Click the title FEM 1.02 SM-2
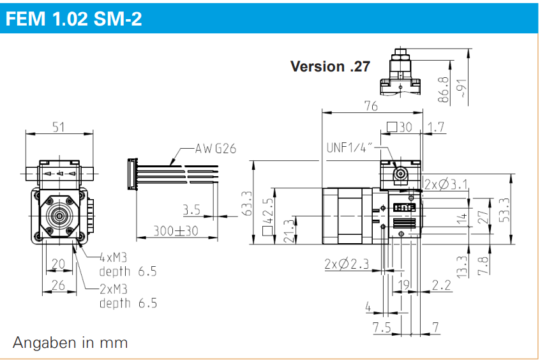click(73, 19)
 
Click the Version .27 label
click(329, 66)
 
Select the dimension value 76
click(370, 106)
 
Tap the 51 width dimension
click(59, 127)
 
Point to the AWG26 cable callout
click(216, 149)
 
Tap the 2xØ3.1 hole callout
click(446, 185)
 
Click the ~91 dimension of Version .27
click(463, 87)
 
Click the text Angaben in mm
click(70, 343)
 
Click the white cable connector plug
click(133, 174)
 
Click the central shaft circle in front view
click(59, 216)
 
